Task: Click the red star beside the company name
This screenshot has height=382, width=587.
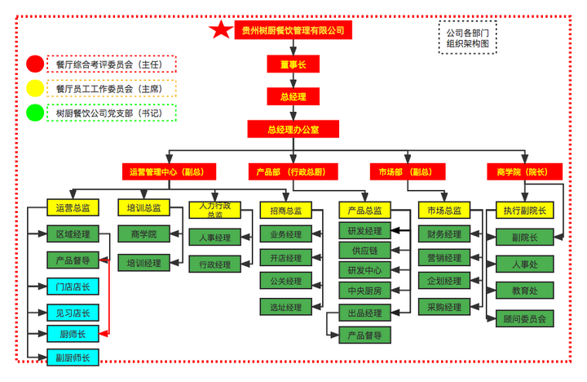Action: pyautogui.click(x=220, y=30)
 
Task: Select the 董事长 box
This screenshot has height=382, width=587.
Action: pyautogui.click(x=293, y=64)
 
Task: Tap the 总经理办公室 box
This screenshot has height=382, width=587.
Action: pyautogui.click(x=293, y=129)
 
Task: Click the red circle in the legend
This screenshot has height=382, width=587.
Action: pyautogui.click(x=35, y=64)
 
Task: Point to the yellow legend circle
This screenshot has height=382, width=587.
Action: pyautogui.click(x=35, y=88)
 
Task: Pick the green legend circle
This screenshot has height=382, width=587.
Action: pyautogui.click(x=35, y=113)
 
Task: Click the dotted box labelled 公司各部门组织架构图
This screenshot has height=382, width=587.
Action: pyautogui.click(x=468, y=38)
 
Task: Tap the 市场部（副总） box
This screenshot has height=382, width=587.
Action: pyautogui.click(x=406, y=171)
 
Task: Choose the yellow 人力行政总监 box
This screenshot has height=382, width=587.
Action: pyautogui.click(x=214, y=210)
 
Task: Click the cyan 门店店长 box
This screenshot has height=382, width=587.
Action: pyautogui.click(x=73, y=286)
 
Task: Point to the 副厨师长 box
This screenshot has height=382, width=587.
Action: pyautogui.click(x=73, y=358)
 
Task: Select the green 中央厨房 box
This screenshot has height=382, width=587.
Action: pyautogui.click(x=364, y=290)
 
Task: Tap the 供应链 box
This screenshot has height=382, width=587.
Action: pyautogui.click(x=364, y=250)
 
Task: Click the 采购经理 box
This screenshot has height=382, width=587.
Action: pyautogui.click(x=444, y=307)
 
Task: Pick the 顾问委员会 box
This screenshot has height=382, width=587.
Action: pyautogui.click(x=524, y=318)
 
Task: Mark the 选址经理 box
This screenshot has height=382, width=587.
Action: pyautogui.click(x=285, y=307)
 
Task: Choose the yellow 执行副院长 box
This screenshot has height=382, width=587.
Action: pyautogui.click(x=524, y=210)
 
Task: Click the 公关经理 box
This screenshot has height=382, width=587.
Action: pyautogui.click(x=285, y=282)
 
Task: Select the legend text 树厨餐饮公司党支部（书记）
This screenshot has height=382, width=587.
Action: pyautogui.click(x=113, y=113)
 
